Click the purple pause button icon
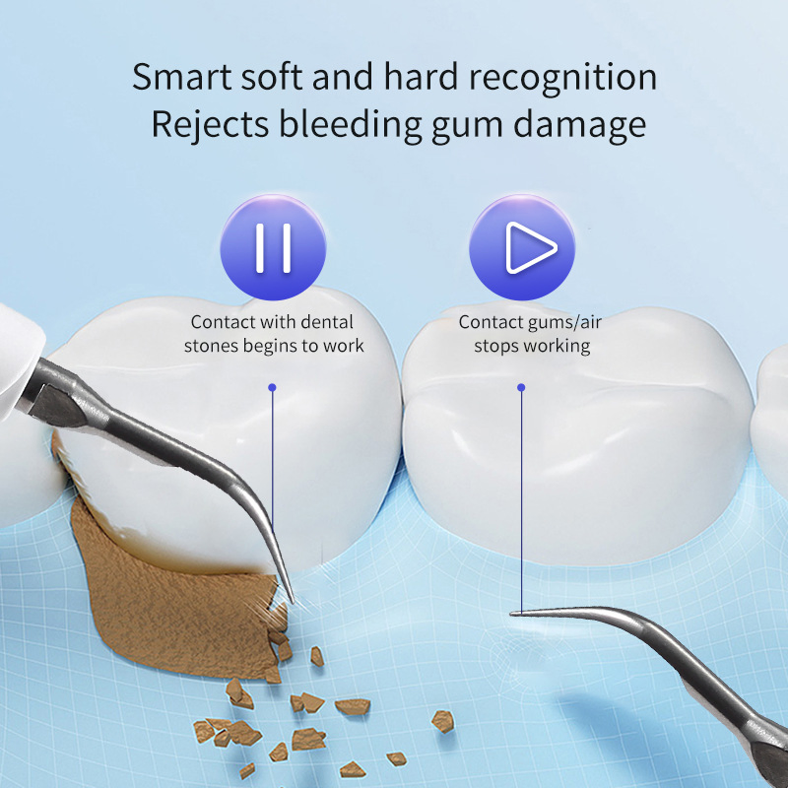pos(273,247)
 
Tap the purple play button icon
pos(521,247)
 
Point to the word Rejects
pos(208,126)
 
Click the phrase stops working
pos(532,346)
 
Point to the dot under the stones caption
pos(273,387)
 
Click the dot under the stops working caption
pos(521,387)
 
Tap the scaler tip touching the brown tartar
pos(291,596)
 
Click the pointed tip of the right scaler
pos(515,613)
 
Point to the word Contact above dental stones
pos(223,322)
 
